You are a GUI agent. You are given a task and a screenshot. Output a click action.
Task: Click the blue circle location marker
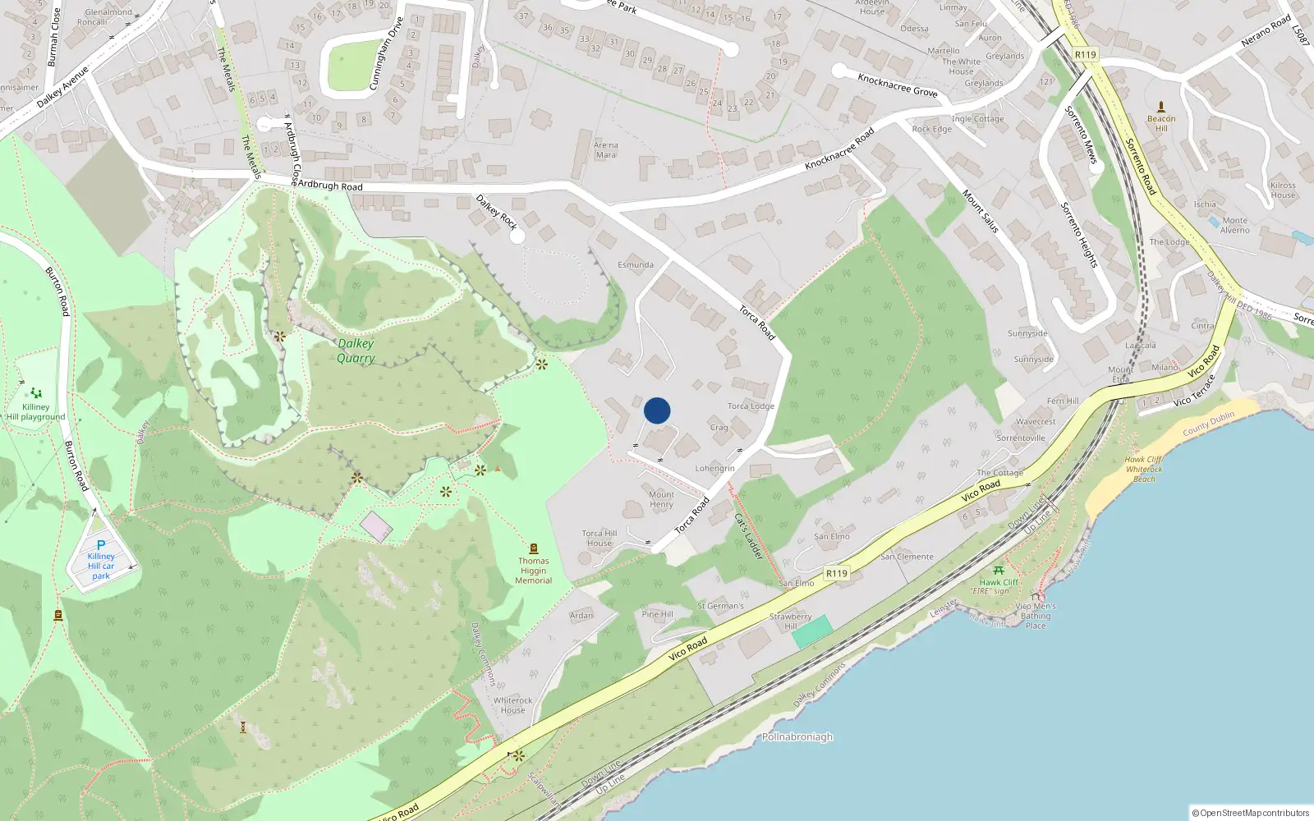point(657,410)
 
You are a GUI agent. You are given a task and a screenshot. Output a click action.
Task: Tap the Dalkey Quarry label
point(356,351)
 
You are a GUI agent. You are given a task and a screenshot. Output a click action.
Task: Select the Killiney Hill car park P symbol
point(101,545)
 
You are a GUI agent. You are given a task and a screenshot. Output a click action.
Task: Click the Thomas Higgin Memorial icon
point(534,548)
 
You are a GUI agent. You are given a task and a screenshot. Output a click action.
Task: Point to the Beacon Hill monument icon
point(1161,107)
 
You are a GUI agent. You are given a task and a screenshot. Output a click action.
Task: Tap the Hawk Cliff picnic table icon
point(999,570)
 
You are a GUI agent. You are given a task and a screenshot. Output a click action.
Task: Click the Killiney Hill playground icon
point(35,394)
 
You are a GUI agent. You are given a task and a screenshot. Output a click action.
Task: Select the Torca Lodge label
point(751,406)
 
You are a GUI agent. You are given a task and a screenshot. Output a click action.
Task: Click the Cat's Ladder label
point(748,537)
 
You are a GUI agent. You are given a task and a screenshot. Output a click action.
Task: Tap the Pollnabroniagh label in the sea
point(797,737)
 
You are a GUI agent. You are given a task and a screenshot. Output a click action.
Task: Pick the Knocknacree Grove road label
point(897,85)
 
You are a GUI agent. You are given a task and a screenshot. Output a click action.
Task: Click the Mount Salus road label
point(981,211)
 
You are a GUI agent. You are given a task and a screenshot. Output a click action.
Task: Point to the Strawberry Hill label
point(790,621)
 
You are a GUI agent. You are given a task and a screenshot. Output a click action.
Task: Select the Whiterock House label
point(512,705)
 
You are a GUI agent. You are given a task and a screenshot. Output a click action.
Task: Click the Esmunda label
point(636,265)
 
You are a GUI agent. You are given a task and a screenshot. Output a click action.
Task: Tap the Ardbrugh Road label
point(329,186)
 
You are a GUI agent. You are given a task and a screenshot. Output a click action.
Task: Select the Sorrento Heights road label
point(1079,235)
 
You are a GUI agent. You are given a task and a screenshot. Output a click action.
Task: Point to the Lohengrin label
point(714,469)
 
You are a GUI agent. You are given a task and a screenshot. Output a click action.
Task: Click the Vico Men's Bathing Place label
point(1036,616)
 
